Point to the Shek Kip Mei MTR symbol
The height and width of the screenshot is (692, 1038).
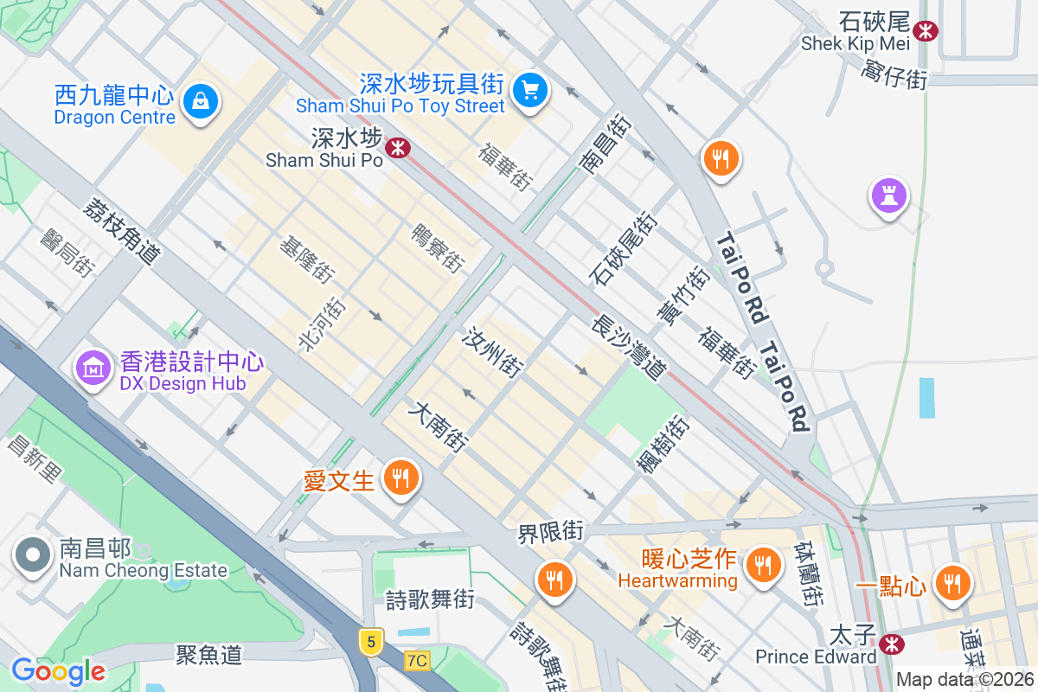point(926,31)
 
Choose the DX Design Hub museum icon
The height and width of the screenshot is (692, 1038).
point(93,368)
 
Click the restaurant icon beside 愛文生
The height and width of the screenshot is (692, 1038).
point(400,476)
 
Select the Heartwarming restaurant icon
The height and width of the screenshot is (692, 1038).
point(762,564)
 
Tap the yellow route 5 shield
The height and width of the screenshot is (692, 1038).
point(371,642)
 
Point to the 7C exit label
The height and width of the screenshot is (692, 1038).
point(417,660)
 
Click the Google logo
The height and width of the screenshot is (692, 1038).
point(58,671)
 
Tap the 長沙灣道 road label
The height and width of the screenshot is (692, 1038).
point(628,347)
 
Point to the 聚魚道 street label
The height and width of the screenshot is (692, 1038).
point(208,655)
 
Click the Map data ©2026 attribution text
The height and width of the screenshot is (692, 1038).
point(965,679)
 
